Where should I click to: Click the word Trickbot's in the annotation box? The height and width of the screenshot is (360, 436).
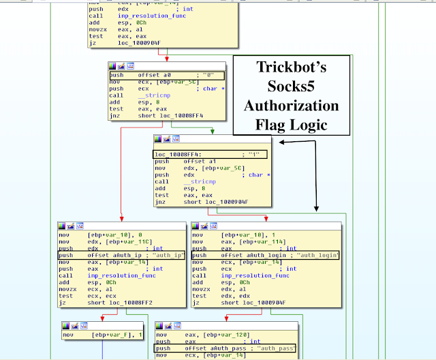tap(292, 67)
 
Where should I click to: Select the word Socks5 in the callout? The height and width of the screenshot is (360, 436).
tap(291, 87)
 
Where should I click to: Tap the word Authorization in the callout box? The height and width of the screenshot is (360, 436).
tap(292, 106)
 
